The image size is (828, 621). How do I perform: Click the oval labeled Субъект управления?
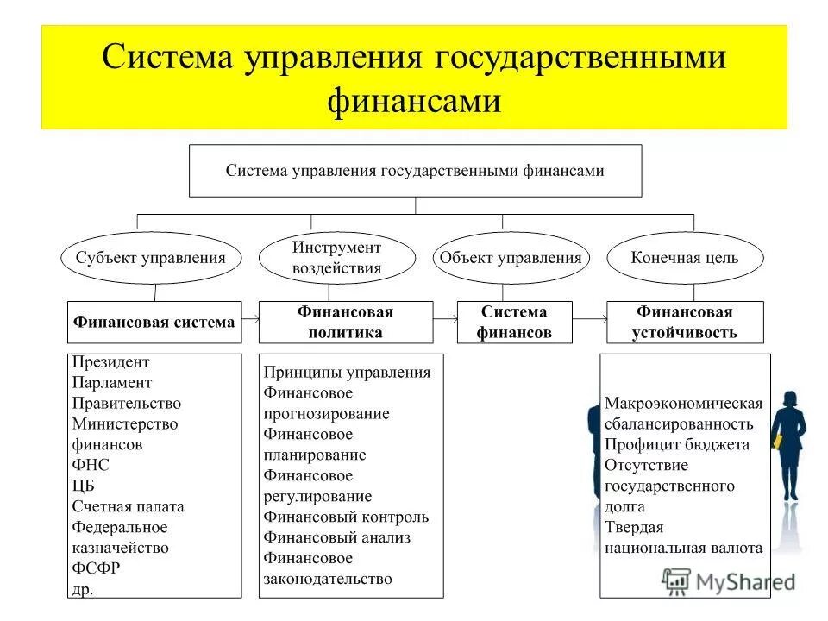click(x=151, y=257)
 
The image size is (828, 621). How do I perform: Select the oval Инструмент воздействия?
click(x=336, y=257)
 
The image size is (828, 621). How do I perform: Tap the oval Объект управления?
click(x=511, y=257)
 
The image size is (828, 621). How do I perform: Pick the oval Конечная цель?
click(x=685, y=257)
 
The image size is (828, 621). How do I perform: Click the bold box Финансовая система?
click(x=154, y=322)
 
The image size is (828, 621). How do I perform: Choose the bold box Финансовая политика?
click(x=345, y=322)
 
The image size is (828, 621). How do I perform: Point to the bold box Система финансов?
click(x=514, y=322)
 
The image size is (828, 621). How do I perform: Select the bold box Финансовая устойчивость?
click(x=685, y=322)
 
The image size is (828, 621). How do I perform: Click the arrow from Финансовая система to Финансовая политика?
click(x=250, y=319)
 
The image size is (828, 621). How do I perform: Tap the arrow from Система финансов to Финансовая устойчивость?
click(x=590, y=319)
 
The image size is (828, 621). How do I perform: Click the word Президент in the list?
click(x=111, y=362)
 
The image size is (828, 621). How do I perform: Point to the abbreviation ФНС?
click(x=91, y=465)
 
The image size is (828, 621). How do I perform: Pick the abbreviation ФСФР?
click(x=96, y=568)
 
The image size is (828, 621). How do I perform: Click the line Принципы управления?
click(x=347, y=373)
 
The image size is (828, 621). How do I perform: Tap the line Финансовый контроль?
click(x=347, y=517)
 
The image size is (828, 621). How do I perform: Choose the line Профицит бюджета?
click(x=676, y=444)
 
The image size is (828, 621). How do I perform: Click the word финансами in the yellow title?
click(x=414, y=101)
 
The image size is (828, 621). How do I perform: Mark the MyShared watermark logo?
click(x=729, y=580)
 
